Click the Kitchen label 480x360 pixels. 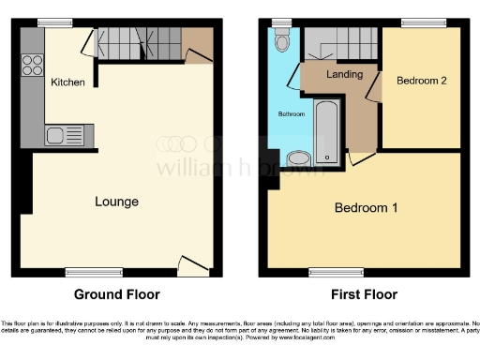68,82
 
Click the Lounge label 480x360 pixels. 117,202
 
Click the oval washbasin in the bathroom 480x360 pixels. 300,158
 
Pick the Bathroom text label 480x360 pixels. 290,114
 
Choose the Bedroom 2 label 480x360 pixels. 421,82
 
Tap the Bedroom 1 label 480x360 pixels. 366,207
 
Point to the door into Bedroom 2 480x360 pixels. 376,87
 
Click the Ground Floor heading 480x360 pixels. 116,293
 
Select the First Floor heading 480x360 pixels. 361,293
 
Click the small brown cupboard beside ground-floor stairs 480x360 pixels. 199,43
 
